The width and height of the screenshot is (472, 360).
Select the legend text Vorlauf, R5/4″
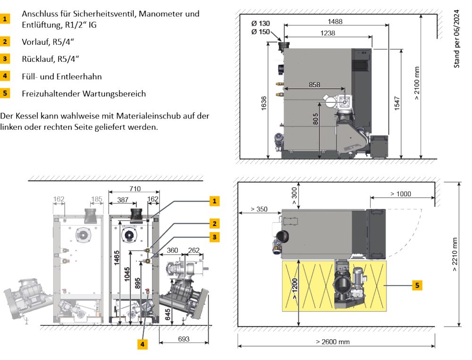click(x=47, y=42)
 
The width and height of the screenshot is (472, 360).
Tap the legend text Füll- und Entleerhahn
click(x=62, y=76)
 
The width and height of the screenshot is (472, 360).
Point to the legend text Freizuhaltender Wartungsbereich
click(x=84, y=93)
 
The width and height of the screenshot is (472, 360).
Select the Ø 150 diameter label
click(x=261, y=32)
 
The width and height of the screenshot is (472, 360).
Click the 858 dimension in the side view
click(x=314, y=84)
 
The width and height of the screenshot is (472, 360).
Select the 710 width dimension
click(x=135, y=189)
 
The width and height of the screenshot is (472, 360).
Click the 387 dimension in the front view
click(x=123, y=200)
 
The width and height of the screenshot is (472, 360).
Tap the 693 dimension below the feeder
click(x=185, y=340)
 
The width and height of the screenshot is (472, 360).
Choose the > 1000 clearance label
click(x=401, y=193)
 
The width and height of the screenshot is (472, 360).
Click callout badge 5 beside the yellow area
click(x=417, y=285)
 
